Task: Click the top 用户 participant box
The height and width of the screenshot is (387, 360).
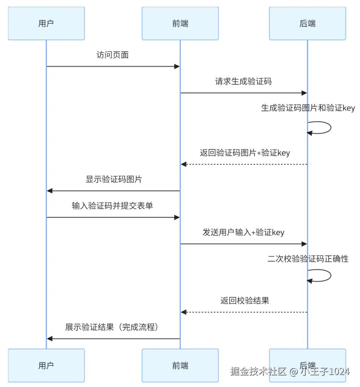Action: tap(46, 23)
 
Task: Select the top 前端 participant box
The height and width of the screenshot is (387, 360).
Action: tap(180, 23)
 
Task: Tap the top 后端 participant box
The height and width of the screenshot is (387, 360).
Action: tap(307, 23)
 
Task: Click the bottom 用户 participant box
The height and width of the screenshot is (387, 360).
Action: tap(46, 365)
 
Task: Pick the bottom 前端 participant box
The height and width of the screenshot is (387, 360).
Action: tap(180, 365)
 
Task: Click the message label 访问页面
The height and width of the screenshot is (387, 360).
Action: tap(113, 55)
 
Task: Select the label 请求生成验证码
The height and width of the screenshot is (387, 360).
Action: tap(243, 81)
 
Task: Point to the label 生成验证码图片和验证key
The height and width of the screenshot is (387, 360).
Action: tap(308, 108)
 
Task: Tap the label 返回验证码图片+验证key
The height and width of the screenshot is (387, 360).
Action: tap(245, 153)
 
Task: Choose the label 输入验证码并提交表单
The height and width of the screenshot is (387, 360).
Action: tap(112, 206)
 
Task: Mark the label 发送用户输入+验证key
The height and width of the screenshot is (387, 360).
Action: tap(243, 232)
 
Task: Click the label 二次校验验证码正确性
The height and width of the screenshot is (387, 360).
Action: tap(308, 259)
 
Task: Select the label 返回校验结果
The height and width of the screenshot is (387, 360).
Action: tap(245, 301)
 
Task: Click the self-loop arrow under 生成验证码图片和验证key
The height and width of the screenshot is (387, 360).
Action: tap(324, 127)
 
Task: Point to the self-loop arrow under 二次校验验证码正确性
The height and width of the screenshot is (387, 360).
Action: tap(324, 275)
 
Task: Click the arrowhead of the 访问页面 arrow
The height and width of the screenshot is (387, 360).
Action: tap(176, 66)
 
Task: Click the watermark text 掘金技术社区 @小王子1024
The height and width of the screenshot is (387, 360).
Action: tap(290, 372)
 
